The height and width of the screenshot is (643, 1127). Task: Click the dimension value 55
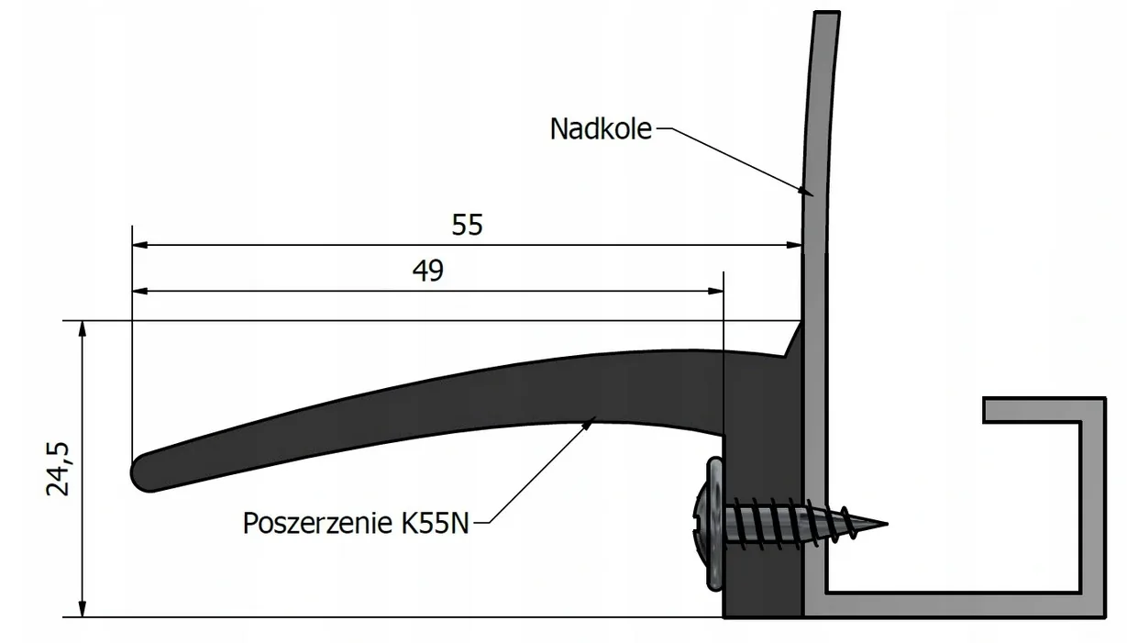[467, 225]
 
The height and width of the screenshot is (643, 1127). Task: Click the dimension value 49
[427, 271]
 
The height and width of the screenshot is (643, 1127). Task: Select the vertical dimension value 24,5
[58, 469]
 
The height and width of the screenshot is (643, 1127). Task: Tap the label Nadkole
[601, 128]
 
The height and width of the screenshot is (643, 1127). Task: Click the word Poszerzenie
[317, 523]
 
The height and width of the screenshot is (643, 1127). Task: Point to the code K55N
[435, 523]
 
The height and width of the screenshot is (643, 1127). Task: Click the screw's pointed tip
[887, 524]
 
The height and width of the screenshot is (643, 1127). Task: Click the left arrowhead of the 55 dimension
[140, 245]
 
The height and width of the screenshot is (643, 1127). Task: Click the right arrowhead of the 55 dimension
[793, 245]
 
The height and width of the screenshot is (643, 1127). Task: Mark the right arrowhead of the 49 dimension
[715, 291]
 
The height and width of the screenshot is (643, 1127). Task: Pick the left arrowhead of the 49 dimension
[140, 291]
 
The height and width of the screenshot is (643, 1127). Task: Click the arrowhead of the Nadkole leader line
[805, 191]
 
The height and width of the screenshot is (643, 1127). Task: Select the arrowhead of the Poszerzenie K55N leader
[589, 424]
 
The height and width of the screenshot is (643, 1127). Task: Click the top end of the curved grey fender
[826, 13]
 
